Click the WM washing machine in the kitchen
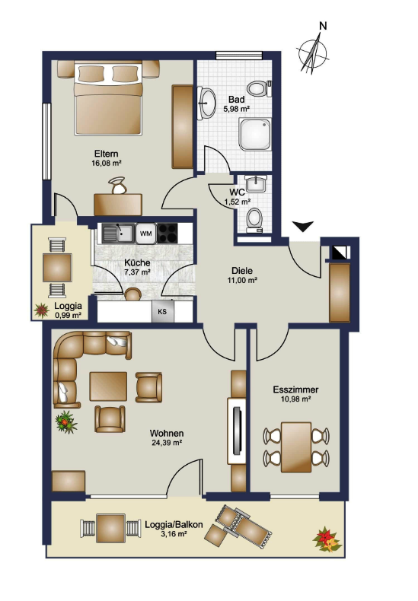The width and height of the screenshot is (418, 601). point(145,233)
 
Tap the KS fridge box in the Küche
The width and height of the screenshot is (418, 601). point(163,311)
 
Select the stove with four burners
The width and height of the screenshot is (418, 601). point(168,233)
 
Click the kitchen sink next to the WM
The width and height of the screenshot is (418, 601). point(117,233)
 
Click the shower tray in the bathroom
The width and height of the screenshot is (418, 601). point(254,134)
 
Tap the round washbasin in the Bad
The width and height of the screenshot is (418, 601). point(207,103)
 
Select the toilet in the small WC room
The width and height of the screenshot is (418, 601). point(254,220)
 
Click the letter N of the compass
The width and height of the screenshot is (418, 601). point(324,26)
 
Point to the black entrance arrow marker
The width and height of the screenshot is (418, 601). point(303,226)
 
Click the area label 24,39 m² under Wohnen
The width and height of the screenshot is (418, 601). point(166,442)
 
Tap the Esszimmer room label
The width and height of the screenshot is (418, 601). point(295,390)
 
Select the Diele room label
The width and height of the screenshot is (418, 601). point(242,271)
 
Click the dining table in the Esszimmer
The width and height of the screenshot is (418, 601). point(296,447)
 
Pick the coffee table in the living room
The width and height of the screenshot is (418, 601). point(108,386)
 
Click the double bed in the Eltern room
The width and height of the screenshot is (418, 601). point(109,99)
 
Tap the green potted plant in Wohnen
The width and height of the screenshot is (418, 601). point(66,422)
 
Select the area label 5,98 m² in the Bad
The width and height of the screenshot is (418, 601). point(237,109)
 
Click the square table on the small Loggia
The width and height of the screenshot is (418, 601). point(58,268)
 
